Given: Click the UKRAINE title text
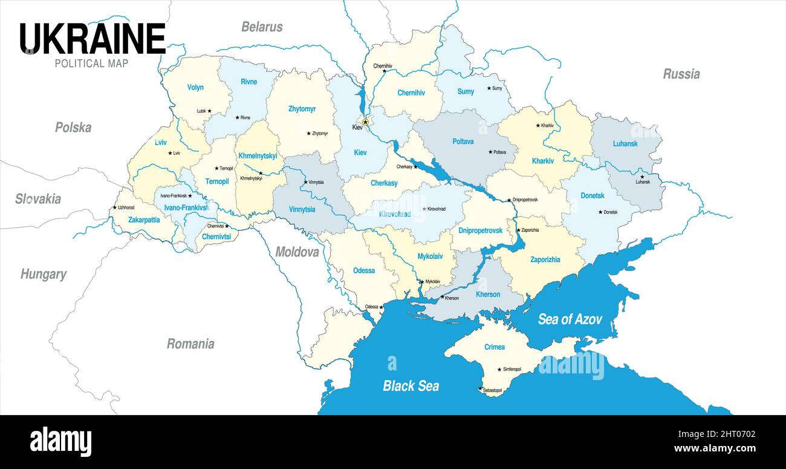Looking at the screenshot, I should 93,39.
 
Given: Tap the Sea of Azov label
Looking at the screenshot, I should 570,319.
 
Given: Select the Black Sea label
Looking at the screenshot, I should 411,385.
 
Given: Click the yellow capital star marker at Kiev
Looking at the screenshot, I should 365,122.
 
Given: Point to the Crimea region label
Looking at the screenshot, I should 494,347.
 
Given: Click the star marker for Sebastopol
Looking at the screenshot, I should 481,389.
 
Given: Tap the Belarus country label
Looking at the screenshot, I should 262,27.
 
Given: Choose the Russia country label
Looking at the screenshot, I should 681,74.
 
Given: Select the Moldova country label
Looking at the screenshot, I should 297,252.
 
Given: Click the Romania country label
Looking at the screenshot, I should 190,344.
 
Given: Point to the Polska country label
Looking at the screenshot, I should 73,127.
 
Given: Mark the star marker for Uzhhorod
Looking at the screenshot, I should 114,208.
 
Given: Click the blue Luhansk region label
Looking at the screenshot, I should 625,144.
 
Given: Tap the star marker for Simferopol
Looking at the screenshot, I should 499,369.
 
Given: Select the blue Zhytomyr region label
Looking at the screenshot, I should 302,109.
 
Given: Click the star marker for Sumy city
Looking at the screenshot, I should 489,88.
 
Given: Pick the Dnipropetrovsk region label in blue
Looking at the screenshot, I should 480,231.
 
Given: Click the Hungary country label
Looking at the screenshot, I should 43,274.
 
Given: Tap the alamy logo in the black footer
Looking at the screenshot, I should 60,442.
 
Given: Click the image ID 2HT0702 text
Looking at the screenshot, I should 732,433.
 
